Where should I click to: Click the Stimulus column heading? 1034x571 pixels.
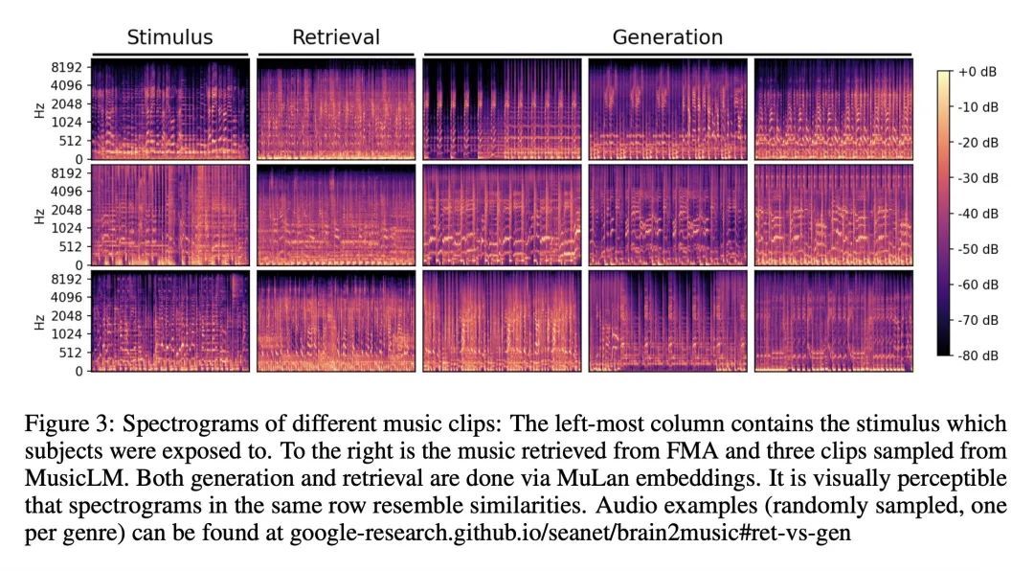tap(169, 38)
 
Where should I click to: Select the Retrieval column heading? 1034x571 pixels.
tap(335, 38)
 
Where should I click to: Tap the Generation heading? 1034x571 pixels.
tap(667, 38)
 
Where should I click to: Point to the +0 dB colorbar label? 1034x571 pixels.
tap(978, 73)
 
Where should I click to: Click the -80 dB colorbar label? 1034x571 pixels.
tap(978, 355)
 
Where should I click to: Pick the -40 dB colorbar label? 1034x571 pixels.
tap(978, 214)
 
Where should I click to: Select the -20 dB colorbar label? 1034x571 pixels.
tap(978, 143)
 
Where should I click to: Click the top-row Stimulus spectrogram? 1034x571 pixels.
tap(170, 108)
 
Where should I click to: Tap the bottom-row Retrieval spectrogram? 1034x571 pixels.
tap(336, 321)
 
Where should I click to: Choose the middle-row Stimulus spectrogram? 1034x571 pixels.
tap(170, 215)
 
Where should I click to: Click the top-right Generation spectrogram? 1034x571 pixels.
tap(833, 108)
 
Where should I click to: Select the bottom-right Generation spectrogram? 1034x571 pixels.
tap(833, 321)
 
